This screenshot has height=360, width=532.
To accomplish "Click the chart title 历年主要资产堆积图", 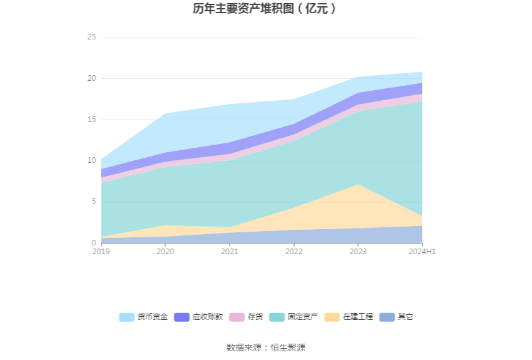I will point(265,9).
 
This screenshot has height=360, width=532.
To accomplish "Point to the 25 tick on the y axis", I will point(92,38).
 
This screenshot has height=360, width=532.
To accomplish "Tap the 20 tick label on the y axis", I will point(92,78).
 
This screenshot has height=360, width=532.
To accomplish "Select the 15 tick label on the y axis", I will point(92,120).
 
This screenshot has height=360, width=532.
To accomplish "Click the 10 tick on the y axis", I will point(92,160).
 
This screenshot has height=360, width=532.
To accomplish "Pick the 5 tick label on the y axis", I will point(94,202).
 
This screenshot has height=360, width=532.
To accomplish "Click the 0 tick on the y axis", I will point(94,243).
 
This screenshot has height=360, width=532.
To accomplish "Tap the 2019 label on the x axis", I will point(101,252).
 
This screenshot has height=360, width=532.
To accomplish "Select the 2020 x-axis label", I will point(165,252).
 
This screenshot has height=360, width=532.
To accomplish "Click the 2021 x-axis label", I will point(230,252).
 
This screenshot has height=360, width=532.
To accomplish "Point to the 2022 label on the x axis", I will point(294,252).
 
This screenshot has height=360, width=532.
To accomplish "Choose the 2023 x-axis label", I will point(358,252).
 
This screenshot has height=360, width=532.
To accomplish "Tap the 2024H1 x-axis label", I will point(422,252).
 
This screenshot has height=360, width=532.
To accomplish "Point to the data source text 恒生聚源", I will point(288,347).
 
